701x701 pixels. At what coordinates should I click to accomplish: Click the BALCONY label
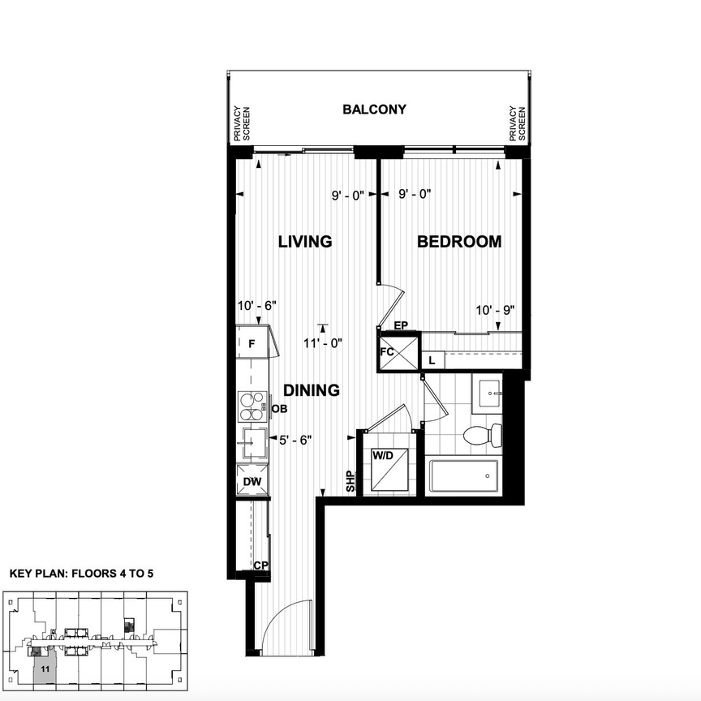coord(374,110)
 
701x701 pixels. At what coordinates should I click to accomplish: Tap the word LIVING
coord(305,242)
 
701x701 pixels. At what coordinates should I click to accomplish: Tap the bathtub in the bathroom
coord(463,476)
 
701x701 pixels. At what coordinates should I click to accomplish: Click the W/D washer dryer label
coord(382,456)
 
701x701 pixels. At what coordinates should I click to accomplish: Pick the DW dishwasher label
coord(252,482)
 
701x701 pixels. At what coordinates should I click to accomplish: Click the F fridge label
coord(252,343)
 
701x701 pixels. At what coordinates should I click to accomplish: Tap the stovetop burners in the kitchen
coord(252,405)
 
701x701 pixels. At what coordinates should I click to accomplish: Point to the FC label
coord(389,354)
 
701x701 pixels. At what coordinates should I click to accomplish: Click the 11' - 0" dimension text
coord(324,343)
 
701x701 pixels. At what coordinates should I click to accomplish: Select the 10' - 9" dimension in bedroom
coord(497,310)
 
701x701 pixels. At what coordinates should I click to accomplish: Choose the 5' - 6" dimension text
coord(295,440)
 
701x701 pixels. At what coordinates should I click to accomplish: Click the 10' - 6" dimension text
coord(258,305)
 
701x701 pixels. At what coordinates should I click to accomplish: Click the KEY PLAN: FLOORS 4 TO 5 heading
coord(81,573)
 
